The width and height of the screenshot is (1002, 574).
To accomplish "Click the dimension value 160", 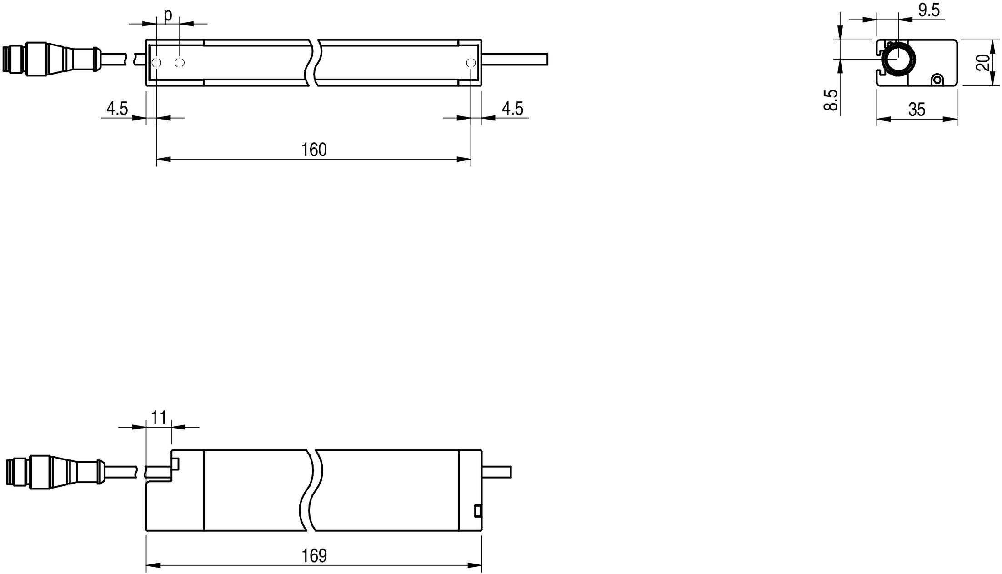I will [x=314, y=150].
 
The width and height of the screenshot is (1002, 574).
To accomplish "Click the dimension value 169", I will [x=314, y=555].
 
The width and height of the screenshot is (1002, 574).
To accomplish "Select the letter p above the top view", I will [x=168, y=15].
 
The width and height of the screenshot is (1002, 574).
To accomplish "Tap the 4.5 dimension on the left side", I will [x=117, y=109].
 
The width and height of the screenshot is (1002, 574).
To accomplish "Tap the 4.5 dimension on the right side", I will [x=512, y=109].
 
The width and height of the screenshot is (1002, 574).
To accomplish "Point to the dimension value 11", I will [x=159, y=417].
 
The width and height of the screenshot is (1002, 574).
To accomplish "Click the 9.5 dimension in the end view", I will [x=929, y=10].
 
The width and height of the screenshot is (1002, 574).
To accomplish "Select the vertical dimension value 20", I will [x=983, y=62].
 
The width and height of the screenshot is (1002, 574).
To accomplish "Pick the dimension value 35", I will [x=917, y=110].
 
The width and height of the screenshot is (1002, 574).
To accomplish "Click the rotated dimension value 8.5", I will [x=831, y=100].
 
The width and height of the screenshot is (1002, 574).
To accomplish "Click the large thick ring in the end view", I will [x=898, y=60].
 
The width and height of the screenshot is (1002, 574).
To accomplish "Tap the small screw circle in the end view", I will [x=937, y=80].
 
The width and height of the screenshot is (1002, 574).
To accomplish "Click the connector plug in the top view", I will [x=50, y=59].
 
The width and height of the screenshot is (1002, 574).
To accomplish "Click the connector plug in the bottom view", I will [x=55, y=472].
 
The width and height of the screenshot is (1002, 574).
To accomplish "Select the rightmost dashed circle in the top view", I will [x=471, y=62].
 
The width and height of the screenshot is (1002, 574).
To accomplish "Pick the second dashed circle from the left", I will [x=180, y=62].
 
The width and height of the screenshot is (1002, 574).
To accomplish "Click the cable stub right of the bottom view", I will [x=496, y=472].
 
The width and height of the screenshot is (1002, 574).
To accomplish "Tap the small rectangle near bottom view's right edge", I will [x=477, y=511].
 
